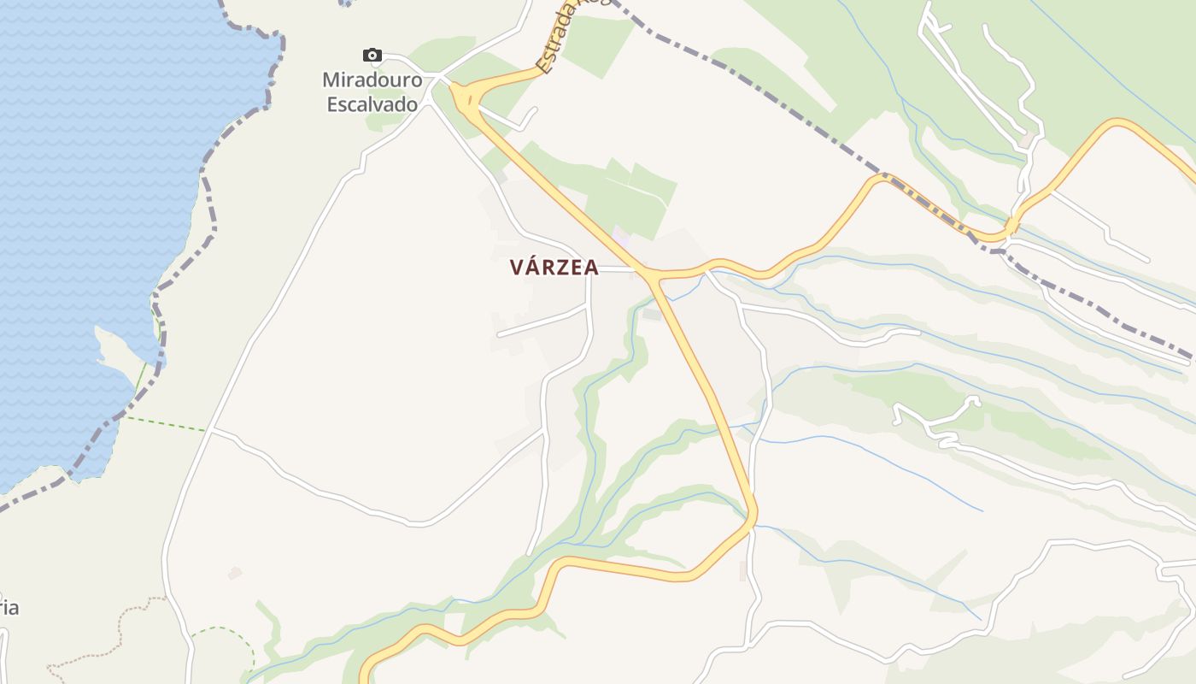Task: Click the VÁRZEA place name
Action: point(554,268)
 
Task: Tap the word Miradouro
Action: point(372,80)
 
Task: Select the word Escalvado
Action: point(372,104)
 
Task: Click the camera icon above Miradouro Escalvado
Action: point(372,56)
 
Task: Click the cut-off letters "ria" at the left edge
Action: point(9,608)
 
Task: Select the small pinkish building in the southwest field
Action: point(235,573)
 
